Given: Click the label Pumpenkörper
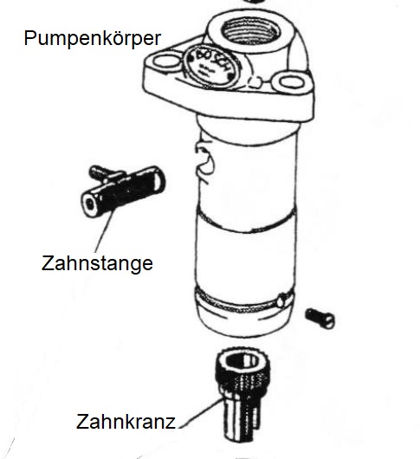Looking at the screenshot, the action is (93, 38).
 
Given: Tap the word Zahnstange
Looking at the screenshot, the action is (97, 263).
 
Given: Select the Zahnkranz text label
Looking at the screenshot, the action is (126, 422).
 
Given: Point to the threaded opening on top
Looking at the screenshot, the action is (251, 31).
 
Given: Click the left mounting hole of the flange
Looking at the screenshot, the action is (166, 62).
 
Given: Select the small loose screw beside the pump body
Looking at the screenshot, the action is (320, 319).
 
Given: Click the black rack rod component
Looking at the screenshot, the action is (123, 191).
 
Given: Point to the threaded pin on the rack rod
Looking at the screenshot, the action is (100, 174).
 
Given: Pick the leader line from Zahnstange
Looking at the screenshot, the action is (104, 231).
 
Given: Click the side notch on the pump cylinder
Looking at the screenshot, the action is (205, 160).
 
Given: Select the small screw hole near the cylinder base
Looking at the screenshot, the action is (281, 301).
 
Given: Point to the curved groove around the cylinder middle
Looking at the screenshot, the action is (245, 222).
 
